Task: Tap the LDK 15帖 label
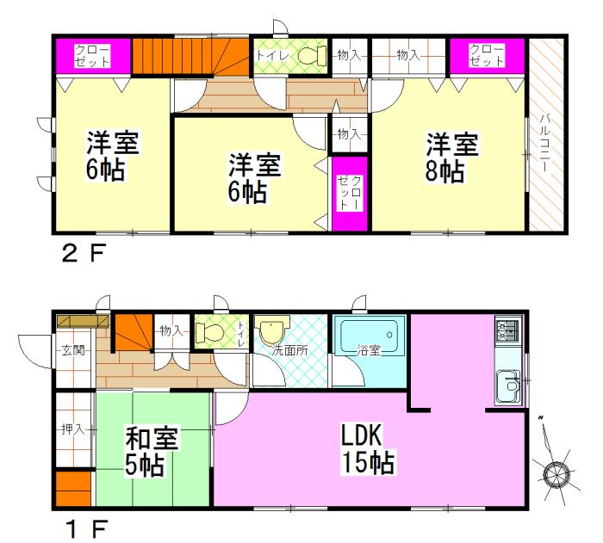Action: (367, 449)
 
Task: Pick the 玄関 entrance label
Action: (72, 350)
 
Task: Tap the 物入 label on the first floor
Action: (170, 330)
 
